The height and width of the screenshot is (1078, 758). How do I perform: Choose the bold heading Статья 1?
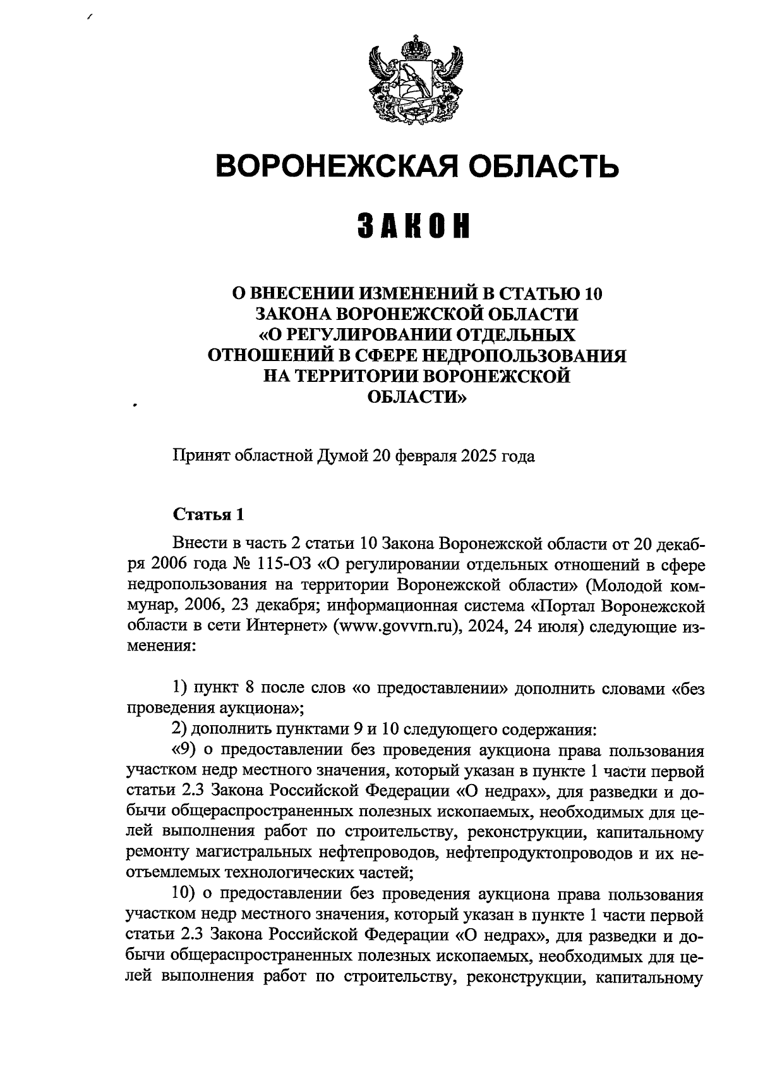coord(208,514)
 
